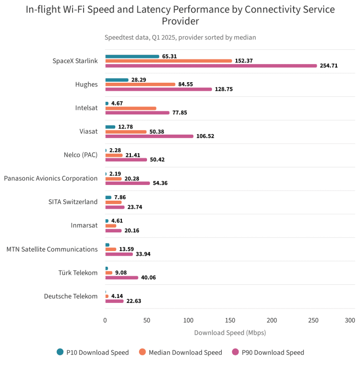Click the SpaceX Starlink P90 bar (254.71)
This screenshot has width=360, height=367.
coord(211,66)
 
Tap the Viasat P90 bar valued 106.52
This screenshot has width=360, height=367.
coord(149,136)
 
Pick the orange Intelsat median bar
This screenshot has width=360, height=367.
coord(130,108)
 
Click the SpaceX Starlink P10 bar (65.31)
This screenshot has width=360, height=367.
coord(132,56)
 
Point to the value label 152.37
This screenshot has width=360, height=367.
coord(244,61)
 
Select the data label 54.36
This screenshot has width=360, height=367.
coord(160,183)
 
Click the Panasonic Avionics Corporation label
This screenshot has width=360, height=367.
coord(51,178)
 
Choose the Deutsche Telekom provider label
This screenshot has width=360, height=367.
coord(70,296)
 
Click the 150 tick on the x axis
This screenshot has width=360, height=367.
coord(230,320)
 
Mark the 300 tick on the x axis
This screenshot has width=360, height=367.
coord(350,320)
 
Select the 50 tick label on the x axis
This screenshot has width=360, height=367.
coord(147,320)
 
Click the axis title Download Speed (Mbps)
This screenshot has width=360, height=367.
coord(230,333)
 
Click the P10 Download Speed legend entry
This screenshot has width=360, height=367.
coord(93,352)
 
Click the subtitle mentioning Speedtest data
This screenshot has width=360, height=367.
coord(180,37)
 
